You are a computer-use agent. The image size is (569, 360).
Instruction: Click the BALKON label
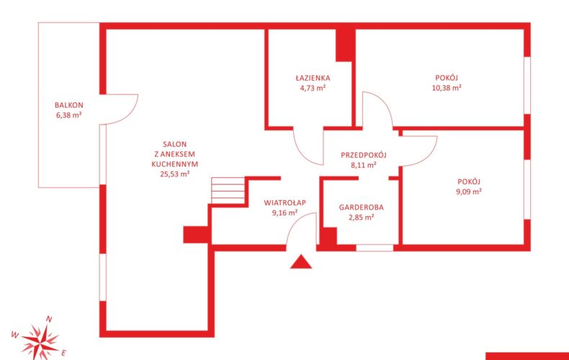pos(69,105)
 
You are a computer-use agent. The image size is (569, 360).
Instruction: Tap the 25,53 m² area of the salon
pos(175,174)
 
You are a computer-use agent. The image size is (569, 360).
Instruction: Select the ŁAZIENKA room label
pos(313,78)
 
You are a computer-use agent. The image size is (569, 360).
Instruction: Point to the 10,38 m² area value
pos(447,88)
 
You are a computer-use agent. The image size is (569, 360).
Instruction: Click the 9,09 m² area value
pos(469,192)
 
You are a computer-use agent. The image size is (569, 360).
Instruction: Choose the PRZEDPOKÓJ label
pos(364,155)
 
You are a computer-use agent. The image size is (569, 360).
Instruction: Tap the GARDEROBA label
pos(362,207)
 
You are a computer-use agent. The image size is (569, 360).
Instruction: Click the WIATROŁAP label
pos(285,203)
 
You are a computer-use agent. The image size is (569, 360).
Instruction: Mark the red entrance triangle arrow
pos(301,261)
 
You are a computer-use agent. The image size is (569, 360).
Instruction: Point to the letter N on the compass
pos(49,320)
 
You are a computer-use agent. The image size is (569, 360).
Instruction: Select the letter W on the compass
pos(15,334)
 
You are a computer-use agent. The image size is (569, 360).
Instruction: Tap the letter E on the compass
pos(64,352)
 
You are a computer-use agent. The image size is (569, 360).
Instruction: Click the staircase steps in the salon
pos(228,191)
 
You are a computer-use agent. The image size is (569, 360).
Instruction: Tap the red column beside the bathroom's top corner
pos(344,45)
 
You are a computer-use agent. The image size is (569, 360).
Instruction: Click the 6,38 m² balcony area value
pos(69,115)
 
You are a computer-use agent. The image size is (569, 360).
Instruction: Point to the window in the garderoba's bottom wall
pos(375,248)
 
